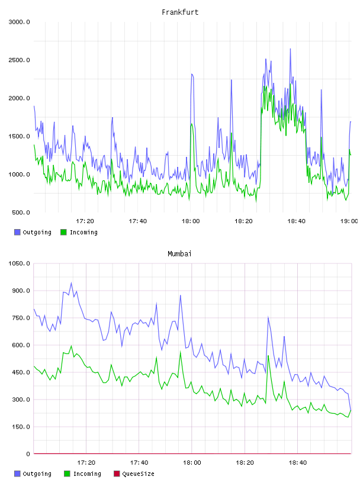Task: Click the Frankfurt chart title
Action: tap(180, 12)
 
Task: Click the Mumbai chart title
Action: tap(179, 254)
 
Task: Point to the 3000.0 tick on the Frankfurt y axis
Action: tap(19, 22)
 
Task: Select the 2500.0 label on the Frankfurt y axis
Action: tap(19, 60)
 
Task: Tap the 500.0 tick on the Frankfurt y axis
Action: tap(21, 212)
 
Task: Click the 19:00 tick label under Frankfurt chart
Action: tap(349, 221)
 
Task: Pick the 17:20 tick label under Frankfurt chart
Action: tap(85, 221)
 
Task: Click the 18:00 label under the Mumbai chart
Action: tap(192, 463)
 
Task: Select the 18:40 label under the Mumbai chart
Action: tap(297, 463)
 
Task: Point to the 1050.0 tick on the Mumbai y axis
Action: tap(19, 263)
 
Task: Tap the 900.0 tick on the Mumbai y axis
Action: tap(21, 291)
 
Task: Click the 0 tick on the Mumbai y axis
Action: tap(28, 454)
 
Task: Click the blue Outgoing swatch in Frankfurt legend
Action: tap(17, 232)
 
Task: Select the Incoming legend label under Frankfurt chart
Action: tap(83, 233)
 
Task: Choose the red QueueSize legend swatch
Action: tap(117, 474)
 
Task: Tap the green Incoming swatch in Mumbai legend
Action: tap(67, 474)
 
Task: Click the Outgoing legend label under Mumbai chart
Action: tap(37, 474)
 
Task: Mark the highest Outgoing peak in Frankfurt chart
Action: tap(290, 49)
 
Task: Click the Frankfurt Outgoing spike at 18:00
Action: tap(192, 74)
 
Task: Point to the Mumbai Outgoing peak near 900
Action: tap(72, 283)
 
